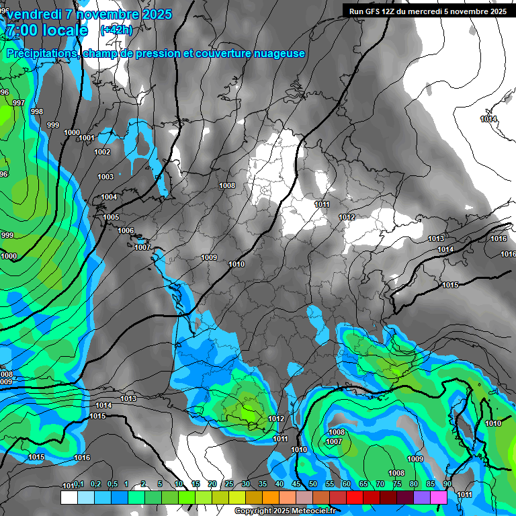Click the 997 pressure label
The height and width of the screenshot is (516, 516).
[19, 103]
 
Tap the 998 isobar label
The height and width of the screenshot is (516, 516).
[37, 112]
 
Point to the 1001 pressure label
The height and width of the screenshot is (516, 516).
[87, 138]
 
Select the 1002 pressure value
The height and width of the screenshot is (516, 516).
[102, 152]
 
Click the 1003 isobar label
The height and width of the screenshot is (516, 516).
[105, 177]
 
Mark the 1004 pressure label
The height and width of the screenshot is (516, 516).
[109, 197]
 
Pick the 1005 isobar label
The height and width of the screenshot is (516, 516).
[111, 217]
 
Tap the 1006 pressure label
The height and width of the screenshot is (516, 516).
[126, 230]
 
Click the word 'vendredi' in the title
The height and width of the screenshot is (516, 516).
[38, 14]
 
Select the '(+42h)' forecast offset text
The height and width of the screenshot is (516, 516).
[116, 30]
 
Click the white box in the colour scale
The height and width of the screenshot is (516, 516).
[69, 498]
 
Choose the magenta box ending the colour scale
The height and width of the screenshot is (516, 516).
[439, 498]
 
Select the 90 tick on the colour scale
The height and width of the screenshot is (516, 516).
[447, 484]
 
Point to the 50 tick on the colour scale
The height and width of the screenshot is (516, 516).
[313, 484]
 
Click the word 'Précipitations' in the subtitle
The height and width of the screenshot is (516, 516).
[41, 53]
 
